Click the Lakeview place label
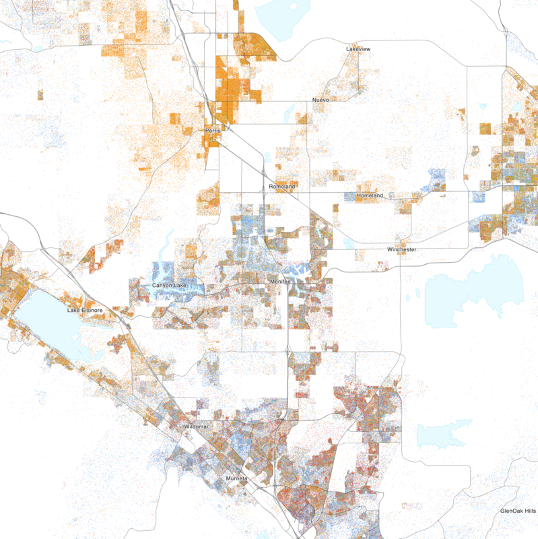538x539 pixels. [358, 50]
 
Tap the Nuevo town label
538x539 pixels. [321, 100]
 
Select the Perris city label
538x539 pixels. [213, 130]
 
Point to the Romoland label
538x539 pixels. [282, 186]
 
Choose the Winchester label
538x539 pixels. [402, 250]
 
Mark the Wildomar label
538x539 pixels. [197, 428]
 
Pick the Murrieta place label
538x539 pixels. [236, 478]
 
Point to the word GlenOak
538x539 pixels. [512, 511]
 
